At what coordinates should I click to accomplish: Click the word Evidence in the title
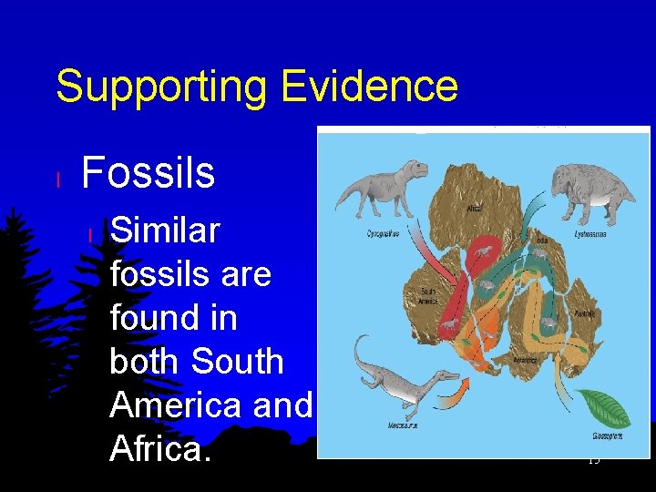click(369, 87)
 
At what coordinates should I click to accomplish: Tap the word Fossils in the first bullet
click(149, 172)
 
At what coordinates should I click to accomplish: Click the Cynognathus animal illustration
click(382, 187)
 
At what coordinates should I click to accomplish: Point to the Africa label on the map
click(474, 208)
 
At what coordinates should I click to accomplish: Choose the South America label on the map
click(427, 296)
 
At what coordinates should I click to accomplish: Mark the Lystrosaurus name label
click(590, 234)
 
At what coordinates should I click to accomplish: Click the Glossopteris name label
click(607, 436)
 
